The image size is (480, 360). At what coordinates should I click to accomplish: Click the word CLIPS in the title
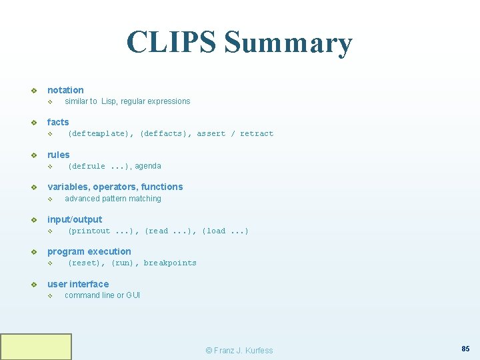click(171, 42)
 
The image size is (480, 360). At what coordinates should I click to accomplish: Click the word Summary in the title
click(288, 43)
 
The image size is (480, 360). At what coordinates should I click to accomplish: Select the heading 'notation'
click(65, 90)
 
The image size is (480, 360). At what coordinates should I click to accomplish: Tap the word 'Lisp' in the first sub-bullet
click(109, 101)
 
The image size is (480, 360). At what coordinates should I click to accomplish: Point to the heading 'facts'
click(58, 122)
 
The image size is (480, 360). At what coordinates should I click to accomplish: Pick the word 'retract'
click(257, 134)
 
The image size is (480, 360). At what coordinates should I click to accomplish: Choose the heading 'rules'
click(58, 155)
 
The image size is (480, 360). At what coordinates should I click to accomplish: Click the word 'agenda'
click(148, 166)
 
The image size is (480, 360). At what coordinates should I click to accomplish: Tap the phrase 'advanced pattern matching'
click(113, 199)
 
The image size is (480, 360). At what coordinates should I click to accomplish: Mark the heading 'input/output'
click(75, 219)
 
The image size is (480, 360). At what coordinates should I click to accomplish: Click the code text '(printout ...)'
click(103, 231)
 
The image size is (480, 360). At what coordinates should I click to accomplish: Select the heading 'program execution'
click(89, 251)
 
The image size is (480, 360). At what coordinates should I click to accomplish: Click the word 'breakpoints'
click(170, 263)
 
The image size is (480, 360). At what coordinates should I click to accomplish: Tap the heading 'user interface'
click(78, 284)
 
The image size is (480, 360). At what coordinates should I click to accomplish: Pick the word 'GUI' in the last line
click(133, 295)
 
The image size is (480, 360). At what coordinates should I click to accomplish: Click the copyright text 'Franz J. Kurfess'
click(243, 351)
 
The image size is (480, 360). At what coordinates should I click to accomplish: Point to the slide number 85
click(465, 348)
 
